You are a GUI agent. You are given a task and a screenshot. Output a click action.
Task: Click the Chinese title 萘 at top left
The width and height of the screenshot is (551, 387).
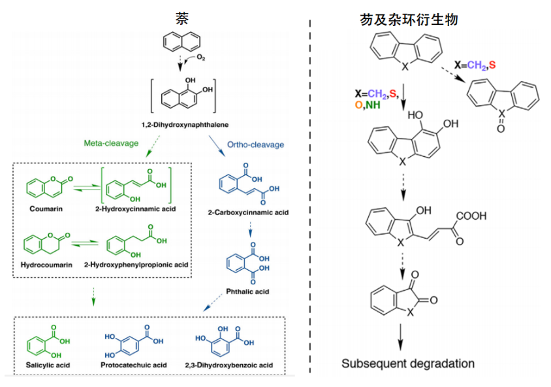[x=182, y=18]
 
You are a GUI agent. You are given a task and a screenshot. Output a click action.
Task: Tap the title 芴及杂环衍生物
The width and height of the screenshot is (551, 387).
[x=408, y=19]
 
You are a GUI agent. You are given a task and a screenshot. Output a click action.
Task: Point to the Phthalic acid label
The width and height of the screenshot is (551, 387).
[x=248, y=292]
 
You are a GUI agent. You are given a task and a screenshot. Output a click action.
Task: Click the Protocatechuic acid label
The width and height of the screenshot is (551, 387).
[x=134, y=364]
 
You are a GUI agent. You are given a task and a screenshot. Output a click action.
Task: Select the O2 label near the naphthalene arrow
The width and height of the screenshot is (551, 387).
[x=200, y=58]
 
